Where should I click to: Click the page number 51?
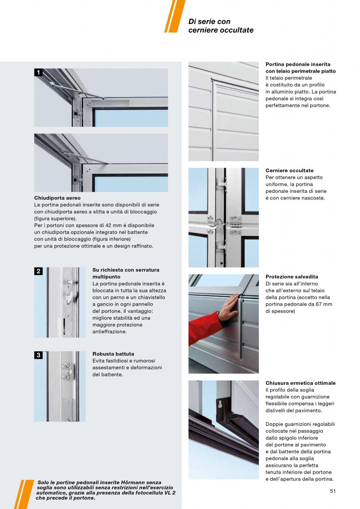(x=333, y=491)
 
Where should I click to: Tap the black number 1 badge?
(x=38, y=73)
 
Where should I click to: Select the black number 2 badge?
(x=38, y=271)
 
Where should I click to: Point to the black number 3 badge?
(x=38, y=355)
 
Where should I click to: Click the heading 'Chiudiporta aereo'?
(x=57, y=198)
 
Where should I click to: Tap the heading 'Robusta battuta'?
(x=113, y=354)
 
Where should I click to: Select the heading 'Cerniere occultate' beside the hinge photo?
(x=289, y=171)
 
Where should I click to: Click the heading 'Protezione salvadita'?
(x=292, y=277)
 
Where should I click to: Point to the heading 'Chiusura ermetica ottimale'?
(x=300, y=383)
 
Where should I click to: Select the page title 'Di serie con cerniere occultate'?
(x=221, y=26)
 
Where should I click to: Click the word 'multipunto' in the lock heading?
(x=107, y=277)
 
